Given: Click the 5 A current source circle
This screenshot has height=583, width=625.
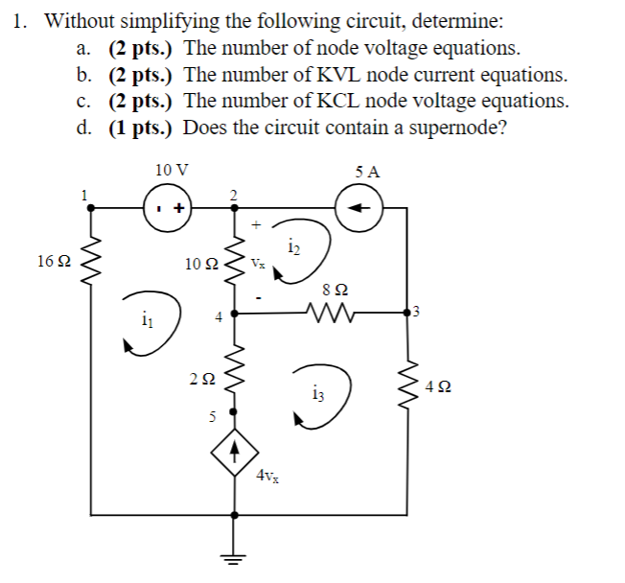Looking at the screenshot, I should tap(360, 205).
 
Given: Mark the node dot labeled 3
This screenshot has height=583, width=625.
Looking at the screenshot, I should tap(415, 311).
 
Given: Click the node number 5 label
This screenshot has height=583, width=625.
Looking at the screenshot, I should tap(215, 417).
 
